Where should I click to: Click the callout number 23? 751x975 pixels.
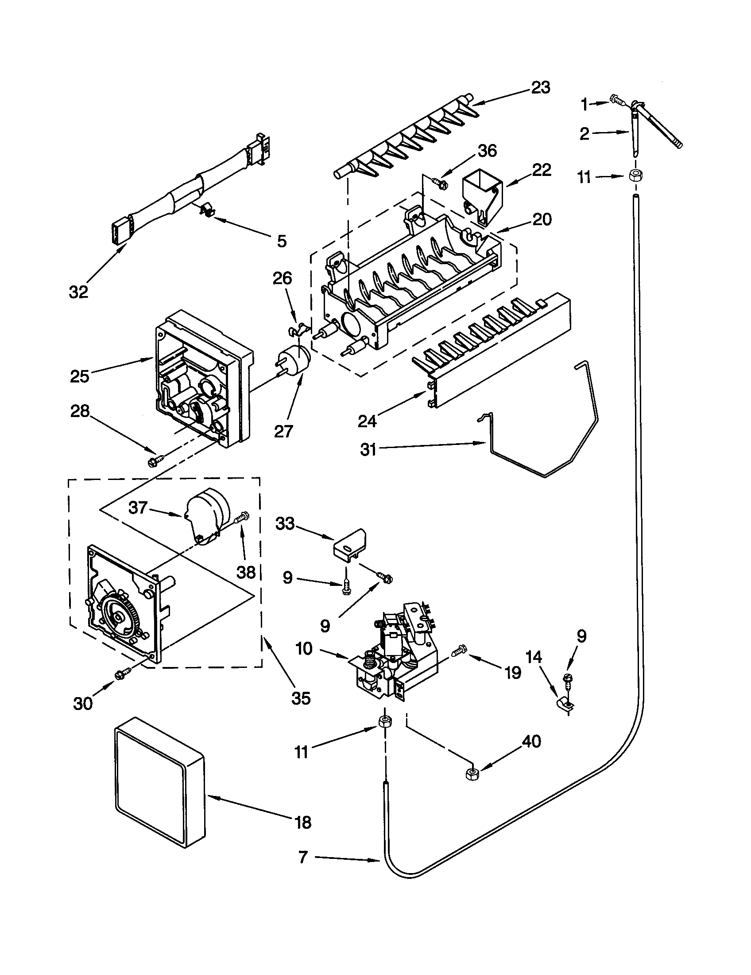(x=540, y=87)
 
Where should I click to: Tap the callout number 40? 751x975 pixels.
(x=530, y=741)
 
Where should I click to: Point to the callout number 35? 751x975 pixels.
(x=300, y=698)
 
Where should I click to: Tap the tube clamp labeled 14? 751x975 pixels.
(x=564, y=705)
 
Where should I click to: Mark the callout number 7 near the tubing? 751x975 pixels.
(x=303, y=858)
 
